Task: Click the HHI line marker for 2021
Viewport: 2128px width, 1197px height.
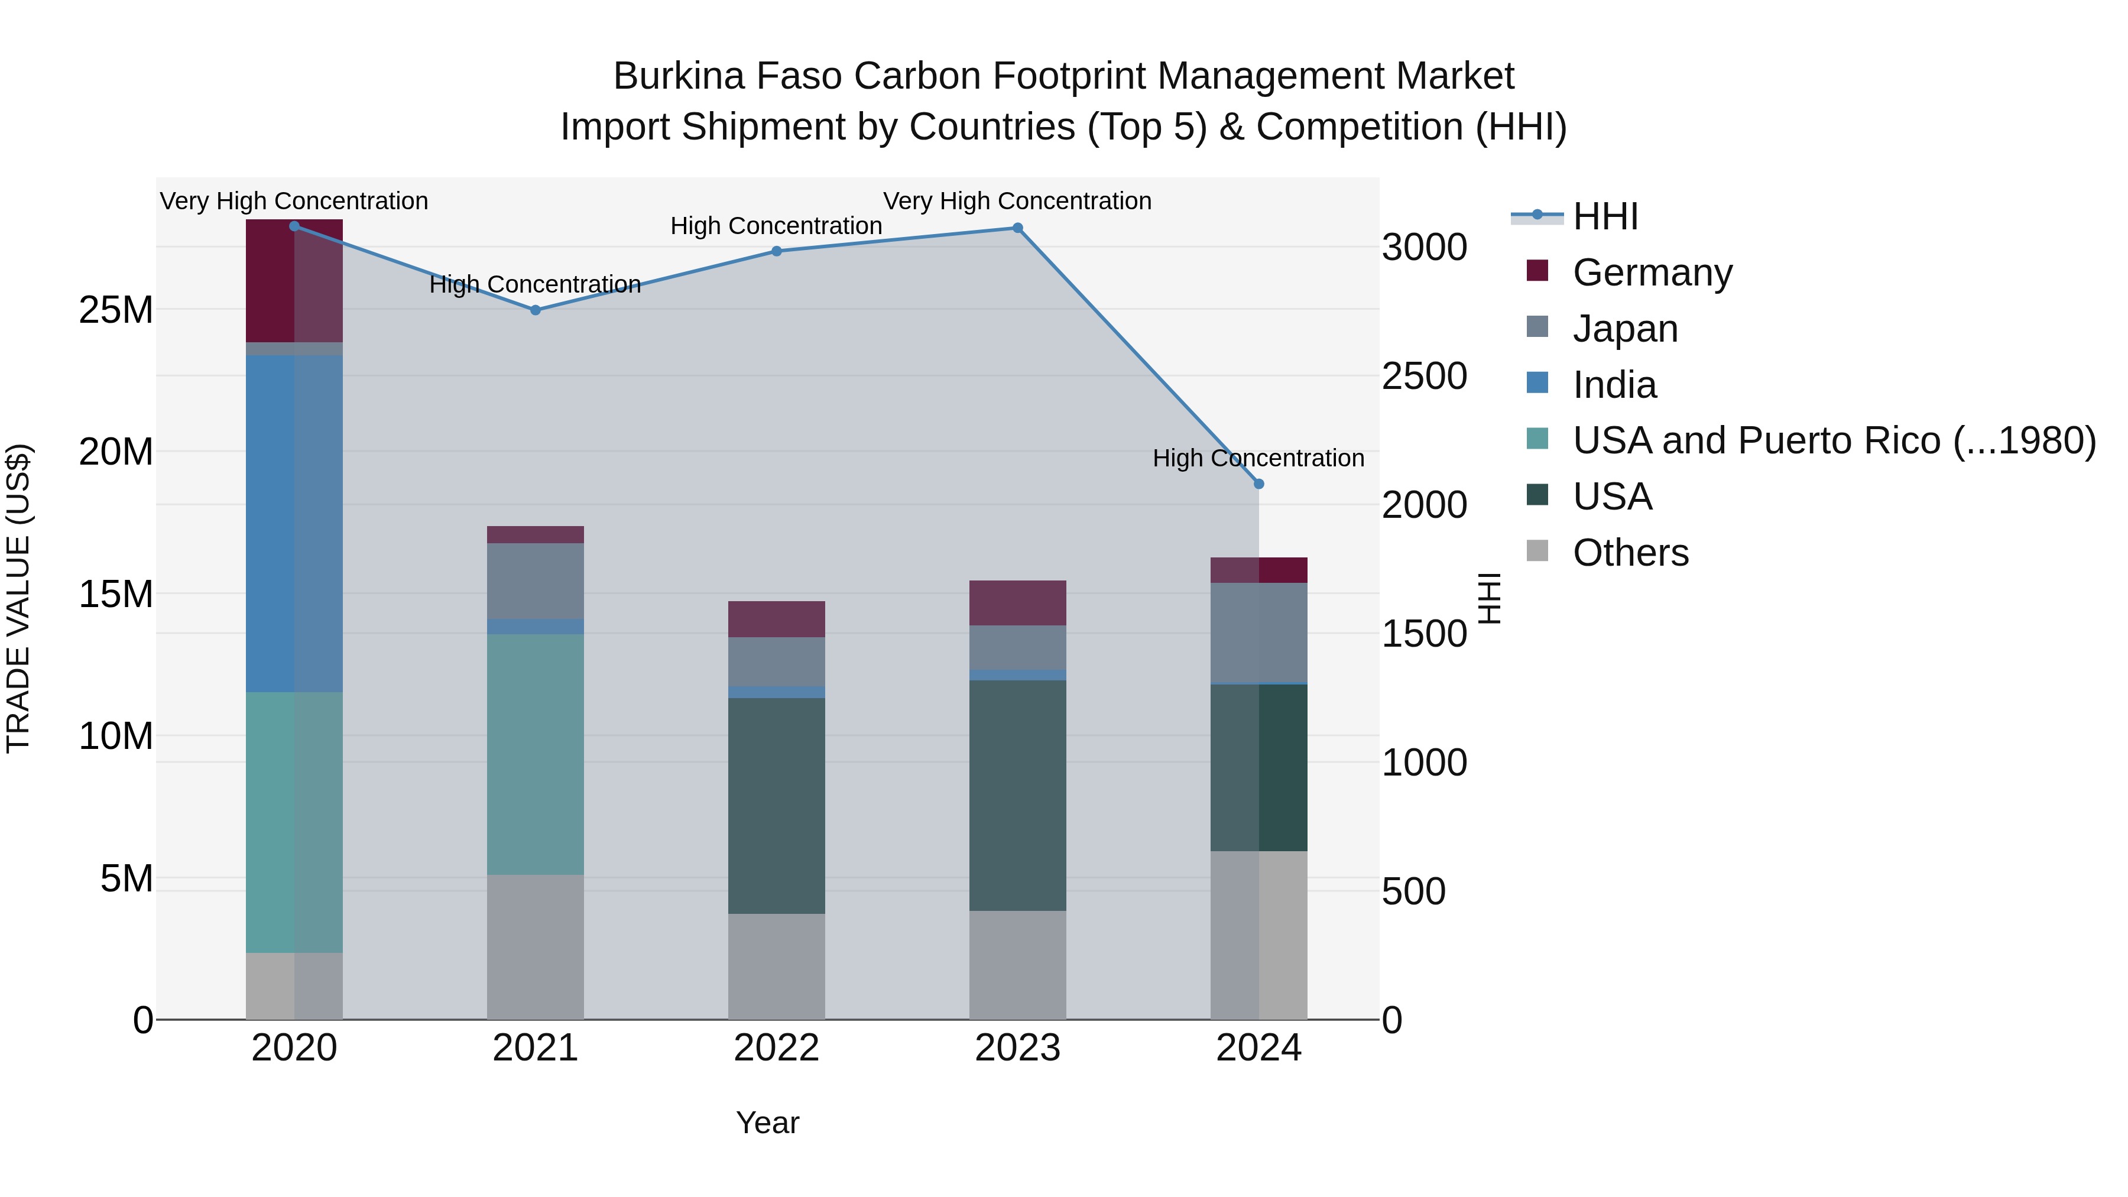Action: (536, 310)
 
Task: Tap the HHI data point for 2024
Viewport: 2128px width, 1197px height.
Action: (1259, 484)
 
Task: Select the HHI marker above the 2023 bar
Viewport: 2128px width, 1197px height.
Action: (1018, 228)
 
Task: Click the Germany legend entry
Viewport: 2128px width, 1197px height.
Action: (1652, 273)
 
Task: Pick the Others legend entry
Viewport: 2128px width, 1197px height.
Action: (1630, 553)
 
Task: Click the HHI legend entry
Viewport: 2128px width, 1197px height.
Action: (1605, 216)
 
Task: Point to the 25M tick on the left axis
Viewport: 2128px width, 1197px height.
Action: (116, 310)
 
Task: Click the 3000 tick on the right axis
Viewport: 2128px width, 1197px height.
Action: (1424, 247)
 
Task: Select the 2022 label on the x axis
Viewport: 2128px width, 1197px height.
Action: (777, 1048)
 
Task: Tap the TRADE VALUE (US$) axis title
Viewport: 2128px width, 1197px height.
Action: (19, 598)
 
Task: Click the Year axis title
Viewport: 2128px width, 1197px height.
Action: (767, 1123)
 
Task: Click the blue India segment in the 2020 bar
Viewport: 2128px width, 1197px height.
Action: (294, 524)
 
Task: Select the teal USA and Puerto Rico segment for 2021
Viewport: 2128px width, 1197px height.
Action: (536, 754)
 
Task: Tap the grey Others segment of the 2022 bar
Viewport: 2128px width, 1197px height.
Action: (777, 966)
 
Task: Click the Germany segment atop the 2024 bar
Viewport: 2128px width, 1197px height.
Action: (1259, 570)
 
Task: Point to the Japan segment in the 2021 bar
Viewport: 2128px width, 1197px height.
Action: (536, 580)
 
